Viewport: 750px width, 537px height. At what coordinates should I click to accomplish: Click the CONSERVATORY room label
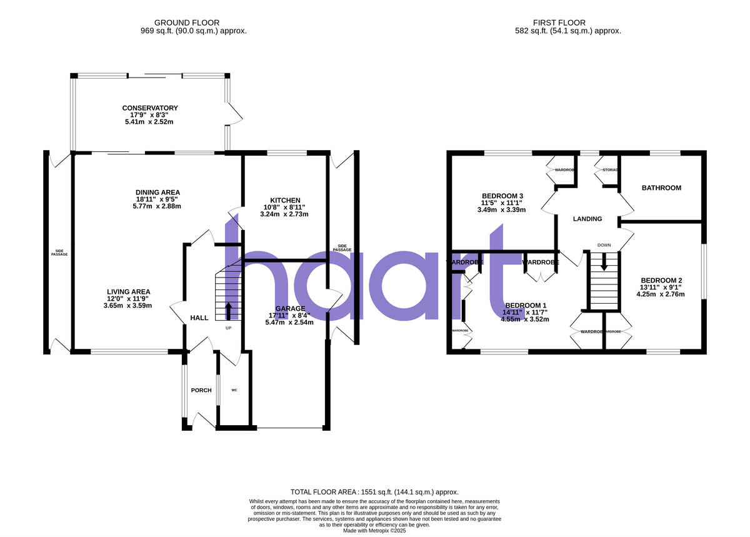tap(150, 108)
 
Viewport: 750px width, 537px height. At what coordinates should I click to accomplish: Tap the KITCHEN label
tap(284, 200)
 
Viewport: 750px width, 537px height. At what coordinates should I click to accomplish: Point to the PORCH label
tap(201, 390)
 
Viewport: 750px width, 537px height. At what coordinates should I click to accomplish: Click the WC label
tap(234, 390)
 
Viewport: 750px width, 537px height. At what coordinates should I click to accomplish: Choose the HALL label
tap(199, 318)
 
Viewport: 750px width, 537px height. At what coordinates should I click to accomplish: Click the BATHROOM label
tap(661, 188)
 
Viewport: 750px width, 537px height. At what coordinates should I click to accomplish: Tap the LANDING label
tap(587, 219)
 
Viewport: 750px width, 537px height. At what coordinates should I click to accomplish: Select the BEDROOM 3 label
tap(502, 196)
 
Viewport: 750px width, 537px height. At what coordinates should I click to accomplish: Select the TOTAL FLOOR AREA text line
tap(375, 492)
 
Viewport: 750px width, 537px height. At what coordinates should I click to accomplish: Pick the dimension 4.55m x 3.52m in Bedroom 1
tap(526, 319)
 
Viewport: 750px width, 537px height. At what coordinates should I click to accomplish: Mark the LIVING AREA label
tap(129, 291)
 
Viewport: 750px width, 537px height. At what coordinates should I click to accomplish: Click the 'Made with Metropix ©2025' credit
tap(375, 530)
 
